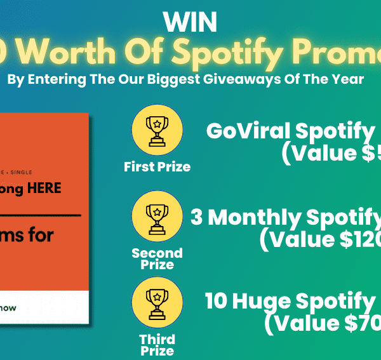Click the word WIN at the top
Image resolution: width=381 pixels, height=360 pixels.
(x=190, y=23)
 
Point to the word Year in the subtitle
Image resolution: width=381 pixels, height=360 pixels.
(x=347, y=80)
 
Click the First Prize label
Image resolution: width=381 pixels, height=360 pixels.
(x=157, y=168)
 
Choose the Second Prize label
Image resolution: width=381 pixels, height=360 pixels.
(x=157, y=258)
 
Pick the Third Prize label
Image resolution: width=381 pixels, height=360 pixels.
(x=157, y=345)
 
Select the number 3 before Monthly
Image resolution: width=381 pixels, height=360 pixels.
(x=197, y=218)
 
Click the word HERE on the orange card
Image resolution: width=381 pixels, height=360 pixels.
(x=44, y=189)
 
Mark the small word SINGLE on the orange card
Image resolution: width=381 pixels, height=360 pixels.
(x=22, y=172)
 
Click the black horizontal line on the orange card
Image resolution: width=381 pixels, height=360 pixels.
(x=38, y=216)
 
